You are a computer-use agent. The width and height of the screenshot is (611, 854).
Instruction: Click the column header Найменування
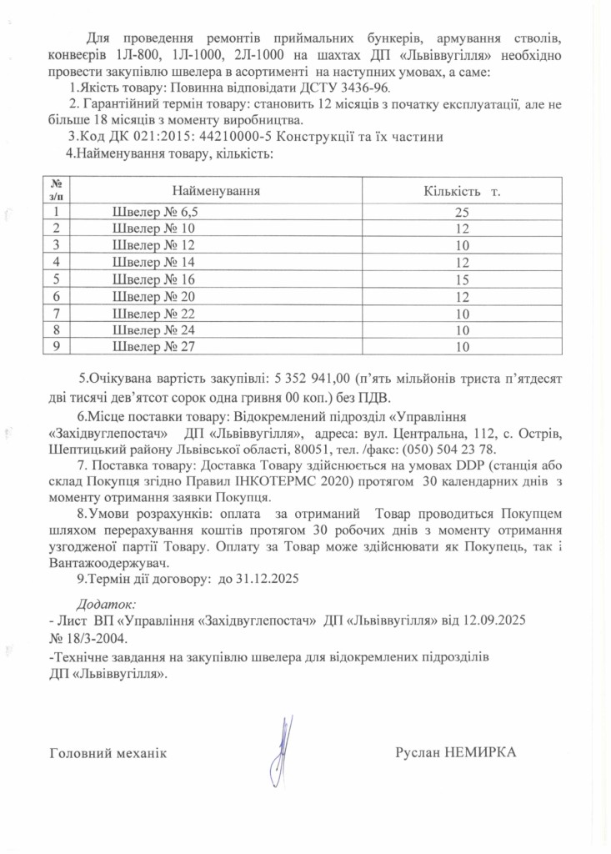point(216,191)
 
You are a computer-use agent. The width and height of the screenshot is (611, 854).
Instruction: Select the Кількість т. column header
point(462,192)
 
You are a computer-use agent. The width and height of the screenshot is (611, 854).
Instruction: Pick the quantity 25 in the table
point(463,212)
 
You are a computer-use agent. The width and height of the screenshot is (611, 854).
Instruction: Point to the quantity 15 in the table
point(463,279)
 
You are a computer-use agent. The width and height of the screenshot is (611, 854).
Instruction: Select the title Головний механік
point(108,753)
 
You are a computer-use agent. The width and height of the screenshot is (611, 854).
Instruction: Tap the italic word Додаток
point(106,603)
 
